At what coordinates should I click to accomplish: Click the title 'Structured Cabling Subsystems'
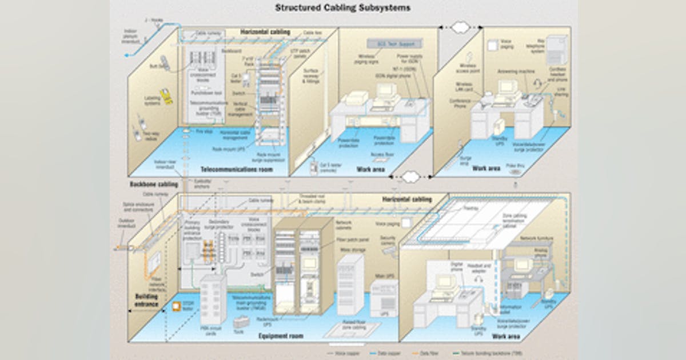coord(342,8)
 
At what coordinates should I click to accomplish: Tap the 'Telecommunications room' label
coord(236,170)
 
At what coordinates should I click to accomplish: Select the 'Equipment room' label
coord(281,336)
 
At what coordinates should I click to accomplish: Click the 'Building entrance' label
coord(146,301)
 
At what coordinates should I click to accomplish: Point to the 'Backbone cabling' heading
coord(154,185)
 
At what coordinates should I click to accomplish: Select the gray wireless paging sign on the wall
coord(394,43)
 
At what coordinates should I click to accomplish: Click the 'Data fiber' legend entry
coord(427,354)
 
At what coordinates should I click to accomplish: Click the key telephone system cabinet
coord(556,51)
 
